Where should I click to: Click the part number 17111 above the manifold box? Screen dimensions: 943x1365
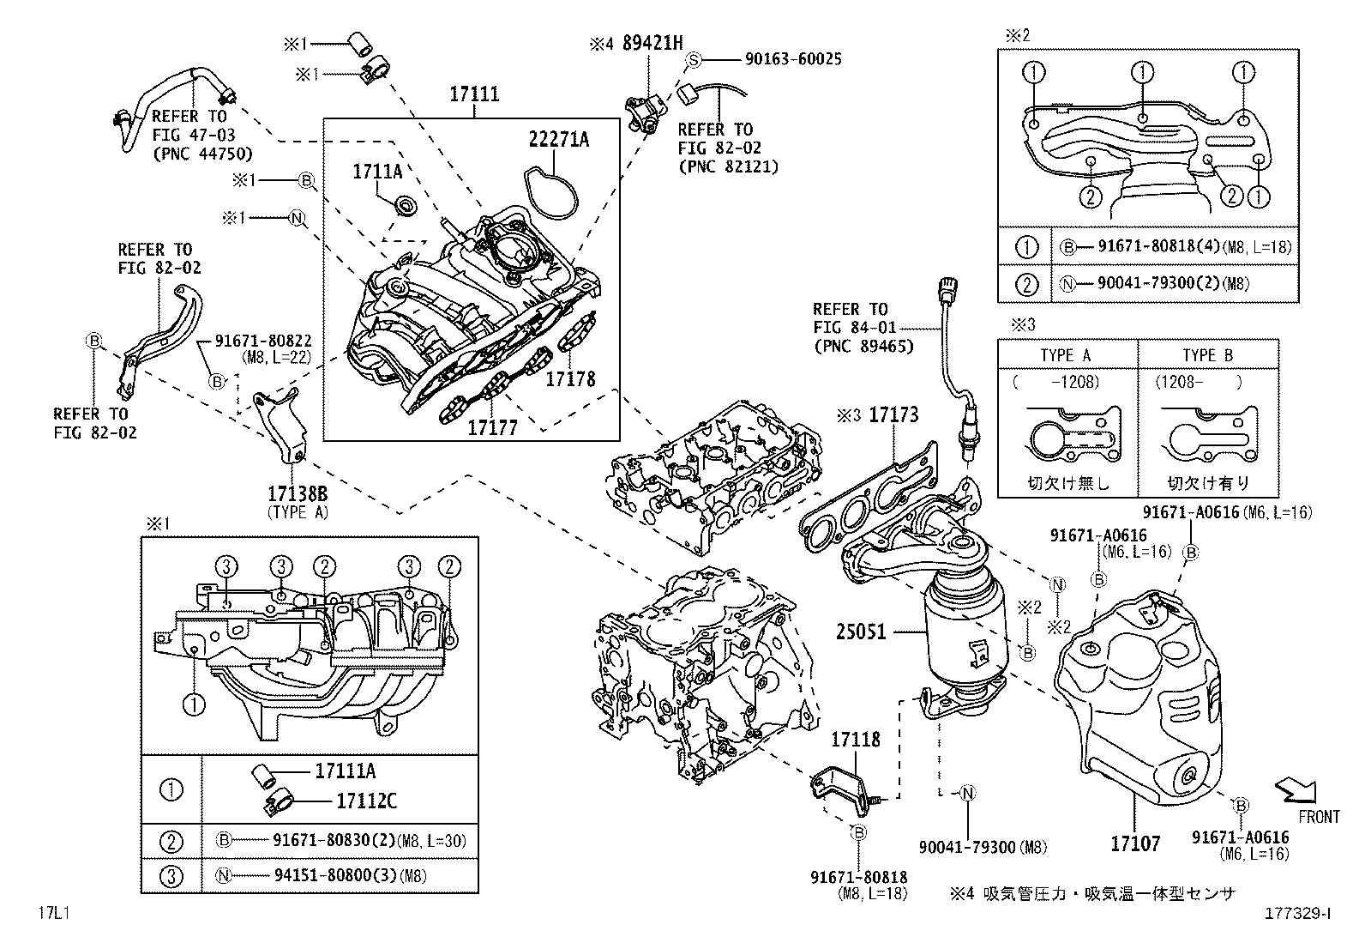(x=473, y=94)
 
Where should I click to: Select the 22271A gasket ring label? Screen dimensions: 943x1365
(x=558, y=140)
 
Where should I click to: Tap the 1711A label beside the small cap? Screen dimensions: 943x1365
(x=377, y=172)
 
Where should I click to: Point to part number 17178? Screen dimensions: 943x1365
(x=570, y=378)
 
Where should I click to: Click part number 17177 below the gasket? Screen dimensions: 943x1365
(x=492, y=426)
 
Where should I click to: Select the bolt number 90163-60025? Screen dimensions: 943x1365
(x=793, y=59)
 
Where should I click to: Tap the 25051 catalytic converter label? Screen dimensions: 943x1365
(x=861, y=632)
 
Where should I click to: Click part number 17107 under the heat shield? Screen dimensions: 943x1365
(x=1135, y=844)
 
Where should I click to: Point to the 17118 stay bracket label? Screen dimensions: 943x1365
(x=856, y=739)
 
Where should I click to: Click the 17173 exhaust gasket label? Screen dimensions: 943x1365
(x=893, y=415)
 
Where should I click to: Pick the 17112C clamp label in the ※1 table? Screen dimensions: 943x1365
(x=366, y=801)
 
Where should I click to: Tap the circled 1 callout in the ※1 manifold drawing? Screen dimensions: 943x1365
(x=195, y=704)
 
